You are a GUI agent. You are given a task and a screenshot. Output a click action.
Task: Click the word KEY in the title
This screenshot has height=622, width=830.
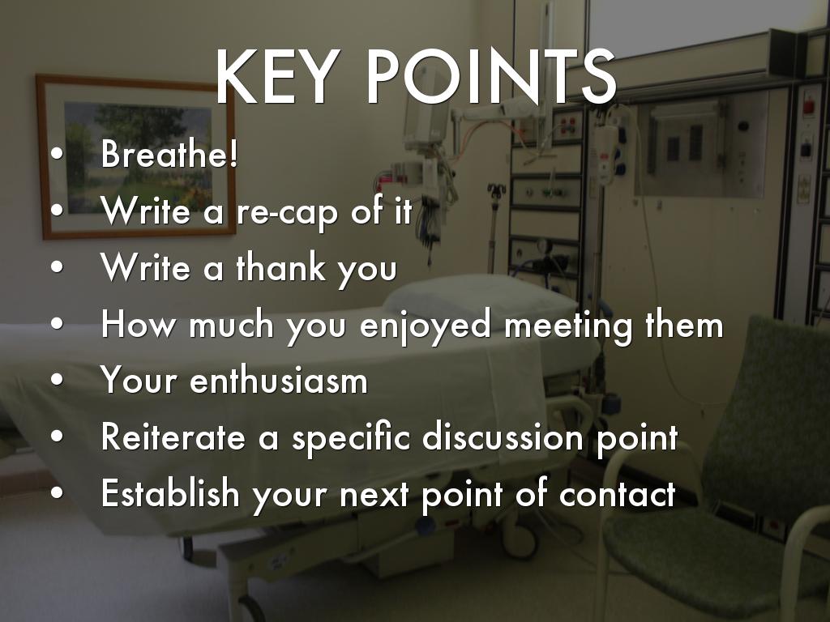(277, 76)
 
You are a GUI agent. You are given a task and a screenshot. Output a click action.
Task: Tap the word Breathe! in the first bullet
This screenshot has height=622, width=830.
(169, 153)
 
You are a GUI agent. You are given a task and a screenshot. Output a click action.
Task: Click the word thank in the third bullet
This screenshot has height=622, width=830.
(281, 266)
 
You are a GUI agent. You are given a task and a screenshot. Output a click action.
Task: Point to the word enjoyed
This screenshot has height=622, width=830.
(426, 326)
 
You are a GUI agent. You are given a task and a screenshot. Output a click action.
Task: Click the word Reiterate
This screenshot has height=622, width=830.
(173, 437)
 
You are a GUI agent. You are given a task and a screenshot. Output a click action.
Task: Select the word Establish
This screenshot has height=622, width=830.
(170, 493)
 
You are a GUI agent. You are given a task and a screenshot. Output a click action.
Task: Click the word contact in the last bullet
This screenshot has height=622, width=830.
(617, 494)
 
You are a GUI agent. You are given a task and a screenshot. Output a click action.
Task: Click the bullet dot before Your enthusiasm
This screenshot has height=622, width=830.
(58, 380)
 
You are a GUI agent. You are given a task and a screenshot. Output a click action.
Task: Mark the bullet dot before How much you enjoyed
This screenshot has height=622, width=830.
(58, 323)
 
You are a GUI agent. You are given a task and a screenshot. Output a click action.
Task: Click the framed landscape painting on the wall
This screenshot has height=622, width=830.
(136, 157)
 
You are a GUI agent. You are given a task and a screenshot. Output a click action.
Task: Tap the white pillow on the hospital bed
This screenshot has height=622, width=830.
(479, 301)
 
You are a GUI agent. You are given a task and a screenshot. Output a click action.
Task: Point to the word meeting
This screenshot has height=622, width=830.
(568, 326)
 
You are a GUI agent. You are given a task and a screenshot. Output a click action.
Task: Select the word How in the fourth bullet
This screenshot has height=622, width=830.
(137, 323)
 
